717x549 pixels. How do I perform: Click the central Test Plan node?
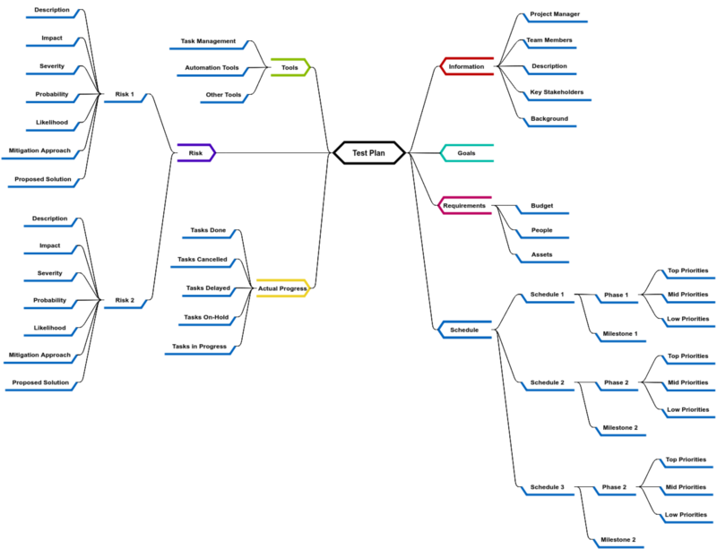(368, 153)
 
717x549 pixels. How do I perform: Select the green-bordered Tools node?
(289, 67)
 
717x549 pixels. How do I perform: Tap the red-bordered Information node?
(467, 66)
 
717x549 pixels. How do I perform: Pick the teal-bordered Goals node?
(467, 153)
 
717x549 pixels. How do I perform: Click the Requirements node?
(465, 206)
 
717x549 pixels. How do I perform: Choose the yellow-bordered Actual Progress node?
(282, 288)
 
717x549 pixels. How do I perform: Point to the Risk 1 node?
(125, 93)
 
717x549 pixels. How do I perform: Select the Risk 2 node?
(125, 300)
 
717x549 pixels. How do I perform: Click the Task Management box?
(208, 41)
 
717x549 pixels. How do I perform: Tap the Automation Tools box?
(212, 67)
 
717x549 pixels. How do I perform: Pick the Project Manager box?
(555, 14)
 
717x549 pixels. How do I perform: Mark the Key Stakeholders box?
(557, 92)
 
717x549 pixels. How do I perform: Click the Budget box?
(542, 206)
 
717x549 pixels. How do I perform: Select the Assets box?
(542, 254)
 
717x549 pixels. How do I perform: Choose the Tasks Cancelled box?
(203, 260)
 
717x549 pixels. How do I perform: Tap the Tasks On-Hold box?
(206, 317)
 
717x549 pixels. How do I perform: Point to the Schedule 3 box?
(548, 487)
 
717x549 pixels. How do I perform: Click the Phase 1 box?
(616, 295)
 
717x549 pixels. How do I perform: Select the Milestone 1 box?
(620, 334)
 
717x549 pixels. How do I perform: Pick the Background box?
(549, 118)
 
